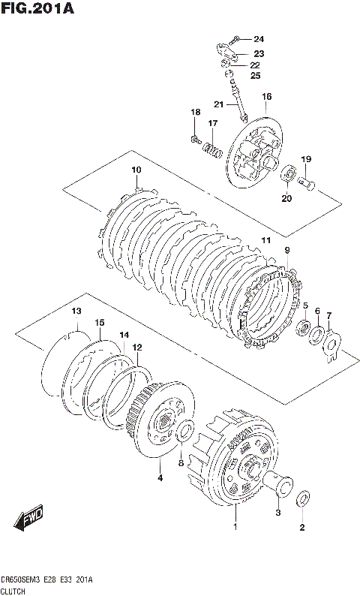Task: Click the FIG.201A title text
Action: click(37, 8)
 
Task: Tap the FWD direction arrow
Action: click(28, 517)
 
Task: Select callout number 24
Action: click(259, 39)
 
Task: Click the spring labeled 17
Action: click(212, 149)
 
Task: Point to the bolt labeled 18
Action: click(195, 140)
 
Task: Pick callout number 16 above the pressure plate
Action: click(266, 97)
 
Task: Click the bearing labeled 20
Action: click(289, 173)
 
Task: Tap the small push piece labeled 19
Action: click(306, 184)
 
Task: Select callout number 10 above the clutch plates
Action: click(136, 170)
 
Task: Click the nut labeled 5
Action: click(304, 328)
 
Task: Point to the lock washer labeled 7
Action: click(331, 346)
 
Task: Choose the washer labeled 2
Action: click(304, 498)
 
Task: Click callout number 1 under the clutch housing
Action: click(235, 526)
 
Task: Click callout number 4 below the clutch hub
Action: click(160, 478)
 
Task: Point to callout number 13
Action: click(76, 311)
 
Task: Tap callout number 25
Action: click(255, 76)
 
